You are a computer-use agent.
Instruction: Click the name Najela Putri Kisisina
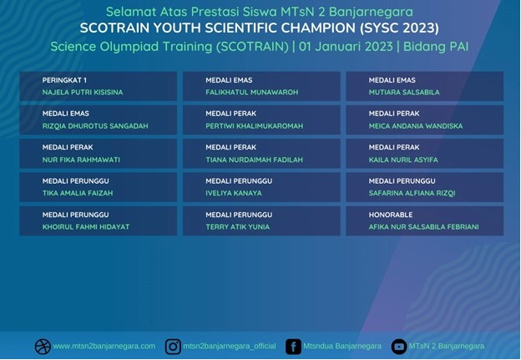(x=83, y=92)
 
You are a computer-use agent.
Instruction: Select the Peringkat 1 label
(x=64, y=80)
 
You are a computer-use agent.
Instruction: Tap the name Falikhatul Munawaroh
(x=252, y=92)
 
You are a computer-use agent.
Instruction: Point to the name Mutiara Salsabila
(x=404, y=92)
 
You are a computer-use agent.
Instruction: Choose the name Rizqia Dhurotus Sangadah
(x=95, y=126)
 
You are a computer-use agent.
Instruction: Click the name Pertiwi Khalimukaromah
(x=254, y=126)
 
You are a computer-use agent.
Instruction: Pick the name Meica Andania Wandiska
(x=416, y=126)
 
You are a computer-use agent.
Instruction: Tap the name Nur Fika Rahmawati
(x=81, y=160)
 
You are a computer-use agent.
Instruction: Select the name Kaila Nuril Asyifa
(x=403, y=160)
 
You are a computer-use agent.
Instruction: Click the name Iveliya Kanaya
(x=234, y=193)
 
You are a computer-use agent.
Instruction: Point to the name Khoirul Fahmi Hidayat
(x=86, y=227)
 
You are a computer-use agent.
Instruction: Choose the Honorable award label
(x=391, y=215)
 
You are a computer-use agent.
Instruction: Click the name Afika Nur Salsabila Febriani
(x=423, y=227)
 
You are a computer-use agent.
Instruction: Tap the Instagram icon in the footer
(x=173, y=347)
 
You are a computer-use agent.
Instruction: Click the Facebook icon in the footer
(x=293, y=347)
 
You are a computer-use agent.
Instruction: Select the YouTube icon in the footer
(x=399, y=347)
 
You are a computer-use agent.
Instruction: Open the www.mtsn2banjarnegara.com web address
(x=104, y=346)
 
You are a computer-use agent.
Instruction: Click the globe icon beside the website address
(x=43, y=347)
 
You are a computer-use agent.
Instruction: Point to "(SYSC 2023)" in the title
(x=399, y=28)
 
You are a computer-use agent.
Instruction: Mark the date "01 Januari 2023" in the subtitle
(x=346, y=47)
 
